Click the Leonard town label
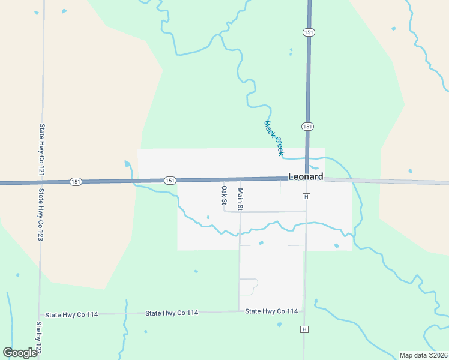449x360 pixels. (x=306, y=176)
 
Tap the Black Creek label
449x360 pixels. (x=274, y=139)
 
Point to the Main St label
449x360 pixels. (x=240, y=199)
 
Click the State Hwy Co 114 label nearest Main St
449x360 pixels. (x=271, y=311)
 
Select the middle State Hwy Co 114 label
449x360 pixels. (x=172, y=313)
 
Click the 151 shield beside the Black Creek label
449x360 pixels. (x=307, y=126)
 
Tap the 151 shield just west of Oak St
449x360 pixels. (x=170, y=180)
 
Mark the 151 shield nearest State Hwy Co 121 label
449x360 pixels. (x=76, y=181)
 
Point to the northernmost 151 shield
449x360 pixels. (x=309, y=32)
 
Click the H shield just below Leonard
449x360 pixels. (x=306, y=197)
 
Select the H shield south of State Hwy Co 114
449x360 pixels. (x=305, y=329)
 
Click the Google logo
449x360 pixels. (x=20, y=353)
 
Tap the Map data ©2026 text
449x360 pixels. (x=423, y=355)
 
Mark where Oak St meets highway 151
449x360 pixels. (x=224, y=179)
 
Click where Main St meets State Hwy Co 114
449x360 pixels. (x=240, y=311)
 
